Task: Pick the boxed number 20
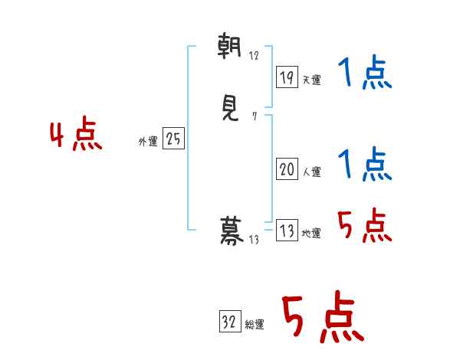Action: pos(287,170)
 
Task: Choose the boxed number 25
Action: pos(173,139)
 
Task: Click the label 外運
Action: pos(148,142)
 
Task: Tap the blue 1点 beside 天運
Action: pos(365,75)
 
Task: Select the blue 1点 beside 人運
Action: pos(365,164)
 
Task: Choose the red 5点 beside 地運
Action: pos(365,225)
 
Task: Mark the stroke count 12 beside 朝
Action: pos(255,56)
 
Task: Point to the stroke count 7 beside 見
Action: pos(254,117)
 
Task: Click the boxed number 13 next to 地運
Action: pos(287,231)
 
